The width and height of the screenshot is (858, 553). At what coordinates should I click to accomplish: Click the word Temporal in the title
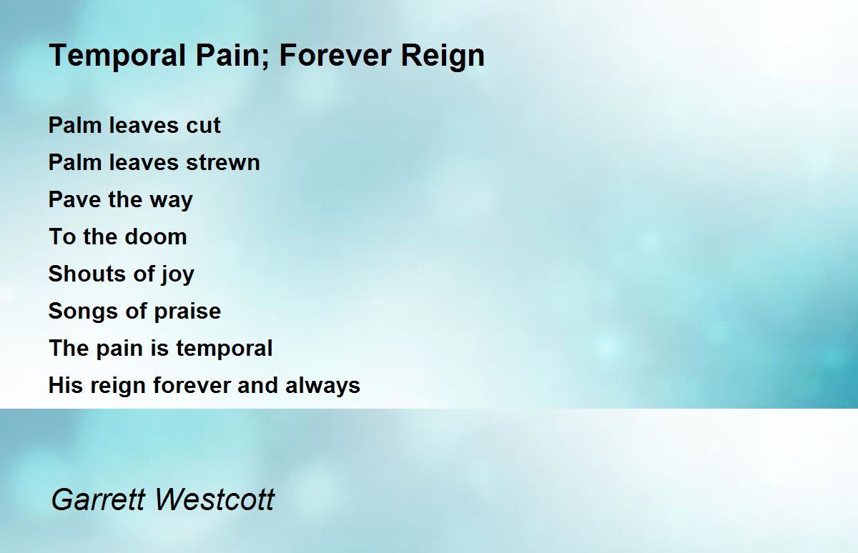pos(117,56)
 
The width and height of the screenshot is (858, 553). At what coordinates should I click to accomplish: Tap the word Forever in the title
pos(335,56)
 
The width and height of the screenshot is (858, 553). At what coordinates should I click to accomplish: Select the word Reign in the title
pos(443,56)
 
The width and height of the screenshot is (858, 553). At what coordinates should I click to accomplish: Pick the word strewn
pos(223,163)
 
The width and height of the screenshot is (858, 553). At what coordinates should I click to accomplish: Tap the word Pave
pos(74,199)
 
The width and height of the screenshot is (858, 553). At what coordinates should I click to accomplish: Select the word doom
pos(156,236)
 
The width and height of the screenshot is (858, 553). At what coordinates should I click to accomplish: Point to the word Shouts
pos(86,274)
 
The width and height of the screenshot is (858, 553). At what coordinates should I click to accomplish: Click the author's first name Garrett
pos(99,499)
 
